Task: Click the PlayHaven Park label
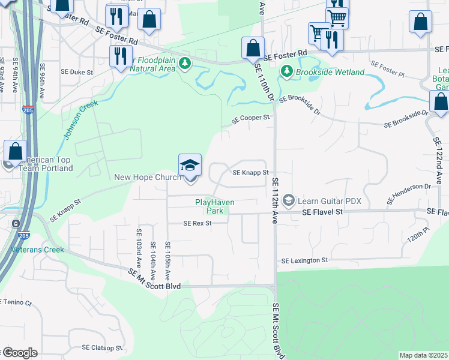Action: [x=209, y=207]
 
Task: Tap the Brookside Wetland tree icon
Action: [x=287, y=72]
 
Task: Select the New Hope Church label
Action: [x=148, y=177]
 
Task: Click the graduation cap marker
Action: [x=190, y=166]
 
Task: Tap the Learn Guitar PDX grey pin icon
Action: [x=289, y=200]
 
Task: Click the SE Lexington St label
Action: [x=305, y=261]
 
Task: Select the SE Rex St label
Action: [x=197, y=223]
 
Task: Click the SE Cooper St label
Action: [x=251, y=119]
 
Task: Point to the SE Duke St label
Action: [x=77, y=71]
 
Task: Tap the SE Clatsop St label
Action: [x=102, y=347]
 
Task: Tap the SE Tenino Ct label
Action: [x=15, y=303]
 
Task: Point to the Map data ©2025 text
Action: [x=424, y=355]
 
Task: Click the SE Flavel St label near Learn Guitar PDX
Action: [x=322, y=212]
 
